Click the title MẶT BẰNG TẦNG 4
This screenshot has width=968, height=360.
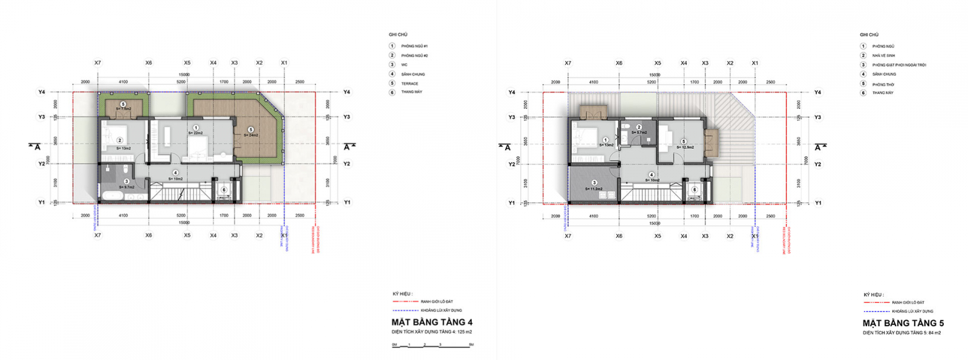(431, 322)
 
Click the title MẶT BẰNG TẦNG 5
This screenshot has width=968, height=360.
(903, 323)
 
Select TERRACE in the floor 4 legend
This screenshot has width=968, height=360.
(410, 83)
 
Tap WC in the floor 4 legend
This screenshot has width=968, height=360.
(404, 65)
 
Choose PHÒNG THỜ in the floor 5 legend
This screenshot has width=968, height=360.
(883, 84)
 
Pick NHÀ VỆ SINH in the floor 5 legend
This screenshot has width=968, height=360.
(883, 56)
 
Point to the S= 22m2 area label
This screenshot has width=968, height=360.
(195, 133)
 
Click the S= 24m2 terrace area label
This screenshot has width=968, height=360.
(250, 135)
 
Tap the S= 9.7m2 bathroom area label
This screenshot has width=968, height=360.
(126, 187)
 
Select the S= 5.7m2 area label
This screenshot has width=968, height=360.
(639, 133)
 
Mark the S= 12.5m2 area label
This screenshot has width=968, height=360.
(685, 147)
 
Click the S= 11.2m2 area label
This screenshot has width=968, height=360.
(594, 189)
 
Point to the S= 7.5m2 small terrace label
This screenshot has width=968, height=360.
(123, 109)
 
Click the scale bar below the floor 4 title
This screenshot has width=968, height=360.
(432, 345)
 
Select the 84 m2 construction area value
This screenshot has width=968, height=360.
(934, 333)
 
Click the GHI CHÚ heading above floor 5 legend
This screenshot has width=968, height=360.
(869, 35)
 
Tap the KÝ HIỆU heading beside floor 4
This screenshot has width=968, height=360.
(402, 294)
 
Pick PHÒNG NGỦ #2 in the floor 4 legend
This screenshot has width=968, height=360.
(414, 56)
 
